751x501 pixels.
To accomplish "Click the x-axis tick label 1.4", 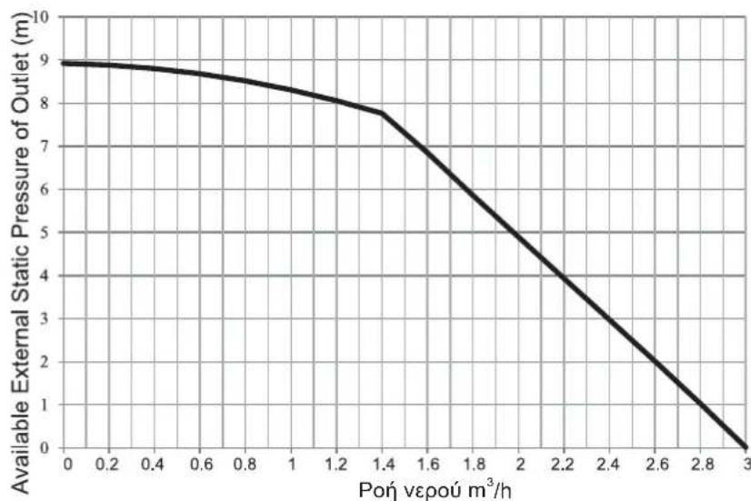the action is [x=382, y=465].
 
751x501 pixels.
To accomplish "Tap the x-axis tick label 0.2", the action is [x=107, y=465].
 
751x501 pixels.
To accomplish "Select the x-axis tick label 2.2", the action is [x=564, y=465].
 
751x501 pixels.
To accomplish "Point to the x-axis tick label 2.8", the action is [x=701, y=465].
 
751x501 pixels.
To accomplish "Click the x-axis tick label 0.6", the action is [x=199, y=465].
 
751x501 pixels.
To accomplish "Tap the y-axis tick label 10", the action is [x=41, y=17].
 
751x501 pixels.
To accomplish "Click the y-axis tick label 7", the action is [x=45, y=146].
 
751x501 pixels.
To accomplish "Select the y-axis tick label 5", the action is [x=45, y=233].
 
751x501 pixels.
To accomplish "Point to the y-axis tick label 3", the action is [x=45, y=318].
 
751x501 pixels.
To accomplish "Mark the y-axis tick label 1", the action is [x=45, y=405].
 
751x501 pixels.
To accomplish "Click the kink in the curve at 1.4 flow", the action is [x=382, y=113].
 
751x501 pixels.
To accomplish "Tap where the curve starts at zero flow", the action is [x=64, y=63].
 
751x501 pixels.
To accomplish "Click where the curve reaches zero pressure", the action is [x=746, y=446].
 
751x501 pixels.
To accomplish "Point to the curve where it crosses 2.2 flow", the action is [x=564, y=276].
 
